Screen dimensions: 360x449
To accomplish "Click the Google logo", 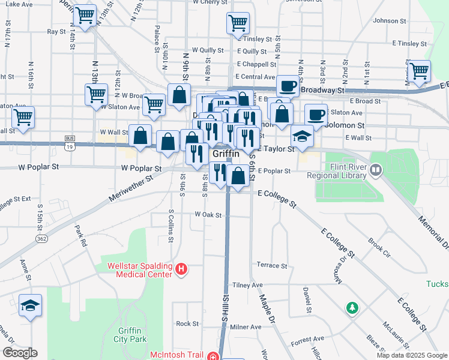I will (20, 353).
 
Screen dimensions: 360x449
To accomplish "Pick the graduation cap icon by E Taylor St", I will (303, 136).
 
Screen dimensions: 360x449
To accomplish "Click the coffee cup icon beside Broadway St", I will (288, 86).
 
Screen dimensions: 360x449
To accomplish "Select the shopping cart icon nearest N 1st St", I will (418, 70).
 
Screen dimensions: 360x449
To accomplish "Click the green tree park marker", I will (352, 308).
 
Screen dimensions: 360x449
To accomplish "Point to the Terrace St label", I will (272, 265).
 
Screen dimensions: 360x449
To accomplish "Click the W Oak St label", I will (208, 214).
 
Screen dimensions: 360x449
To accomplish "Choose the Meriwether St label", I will (130, 187).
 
